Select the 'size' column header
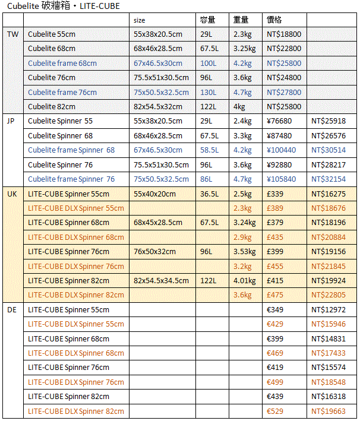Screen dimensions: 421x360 click(140, 20)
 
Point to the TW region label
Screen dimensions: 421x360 click(12, 34)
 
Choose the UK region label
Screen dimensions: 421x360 click(12, 194)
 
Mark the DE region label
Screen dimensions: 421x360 click(12, 309)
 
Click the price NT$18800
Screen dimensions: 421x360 click(284, 34)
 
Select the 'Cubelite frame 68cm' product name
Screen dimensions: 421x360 click(62, 64)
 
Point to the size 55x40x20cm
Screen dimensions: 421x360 click(154, 194)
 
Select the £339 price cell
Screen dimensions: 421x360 click(276, 194)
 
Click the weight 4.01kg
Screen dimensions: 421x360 click(244, 281)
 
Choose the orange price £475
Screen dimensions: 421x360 click(276, 295)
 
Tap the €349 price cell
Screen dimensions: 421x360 click(276, 309)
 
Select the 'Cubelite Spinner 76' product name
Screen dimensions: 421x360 click(60, 164)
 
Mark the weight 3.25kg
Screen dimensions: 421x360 click(245, 49)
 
